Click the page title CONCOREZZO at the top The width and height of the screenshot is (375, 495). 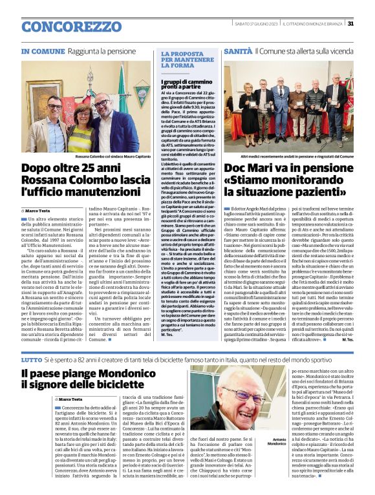click(x=67, y=26)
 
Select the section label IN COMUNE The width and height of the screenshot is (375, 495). click(x=43, y=51)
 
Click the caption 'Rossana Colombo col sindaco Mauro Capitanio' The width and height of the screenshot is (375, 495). click(x=114, y=157)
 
